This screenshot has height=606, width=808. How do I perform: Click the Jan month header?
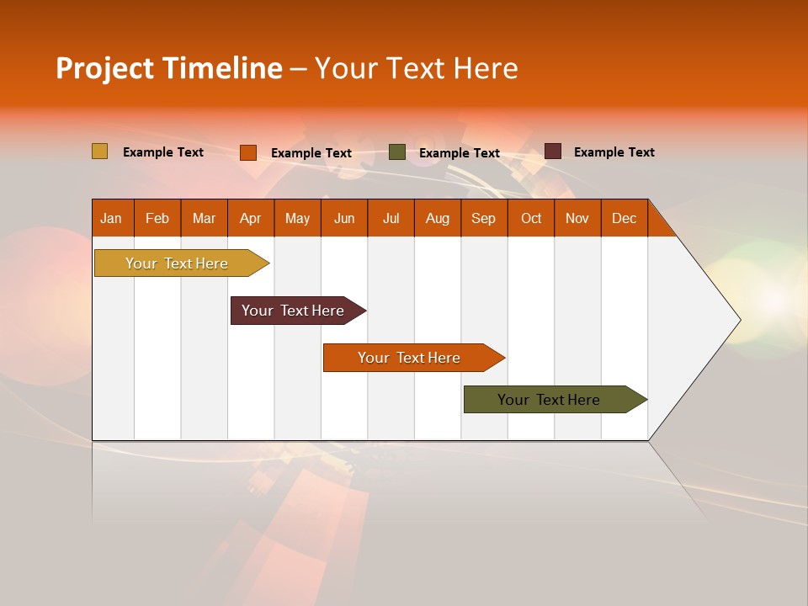pyautogui.click(x=111, y=218)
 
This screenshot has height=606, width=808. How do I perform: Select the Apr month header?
pyautogui.click(x=250, y=218)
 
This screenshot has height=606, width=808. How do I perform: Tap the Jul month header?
pyautogui.click(x=391, y=218)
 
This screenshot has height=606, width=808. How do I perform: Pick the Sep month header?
pyautogui.click(x=483, y=218)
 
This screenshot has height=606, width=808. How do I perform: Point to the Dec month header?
pyautogui.click(x=624, y=218)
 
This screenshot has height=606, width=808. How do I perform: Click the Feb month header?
pyautogui.click(x=157, y=218)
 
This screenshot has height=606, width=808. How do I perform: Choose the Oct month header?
pyautogui.click(x=531, y=218)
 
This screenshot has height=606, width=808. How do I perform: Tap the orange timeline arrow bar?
pyautogui.click(x=410, y=358)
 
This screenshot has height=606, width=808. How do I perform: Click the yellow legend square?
pyautogui.click(x=99, y=151)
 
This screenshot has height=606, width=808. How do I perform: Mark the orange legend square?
pyautogui.click(x=247, y=152)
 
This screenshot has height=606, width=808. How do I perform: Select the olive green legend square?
pyautogui.click(x=397, y=152)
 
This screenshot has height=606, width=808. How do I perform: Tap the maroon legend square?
pyautogui.click(x=553, y=151)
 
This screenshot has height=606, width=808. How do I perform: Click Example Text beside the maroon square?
pyautogui.click(x=614, y=152)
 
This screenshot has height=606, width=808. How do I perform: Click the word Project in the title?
pyautogui.click(x=104, y=68)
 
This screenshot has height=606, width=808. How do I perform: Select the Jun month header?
pyautogui.click(x=344, y=218)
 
